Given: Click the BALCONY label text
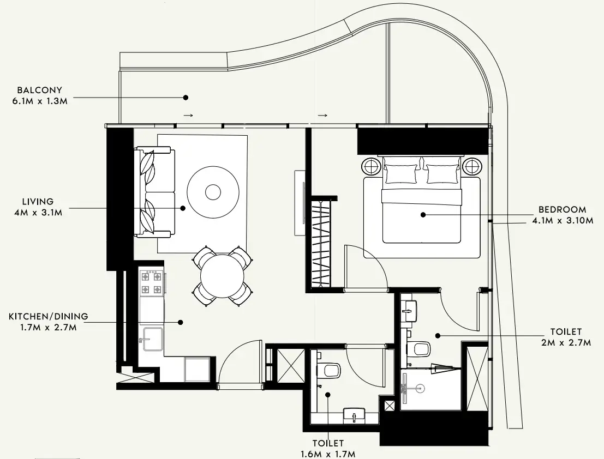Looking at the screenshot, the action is [x=40, y=90].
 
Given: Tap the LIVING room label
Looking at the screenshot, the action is [x=38, y=202].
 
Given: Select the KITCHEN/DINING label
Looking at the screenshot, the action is [x=49, y=316].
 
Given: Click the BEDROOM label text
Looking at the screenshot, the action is [x=562, y=210].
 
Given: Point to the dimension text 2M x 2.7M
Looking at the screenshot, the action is [x=566, y=342].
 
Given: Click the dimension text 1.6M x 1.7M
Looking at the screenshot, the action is [x=328, y=455].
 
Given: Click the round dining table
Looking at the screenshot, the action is [x=222, y=275].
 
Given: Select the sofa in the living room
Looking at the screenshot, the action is [x=154, y=191].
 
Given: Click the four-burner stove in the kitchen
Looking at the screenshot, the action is [x=151, y=283].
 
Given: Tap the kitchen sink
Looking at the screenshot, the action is [x=153, y=340].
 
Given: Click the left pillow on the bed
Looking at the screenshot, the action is [x=401, y=174].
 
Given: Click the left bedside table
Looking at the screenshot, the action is [x=371, y=167].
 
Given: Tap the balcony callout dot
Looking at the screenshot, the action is [x=186, y=98].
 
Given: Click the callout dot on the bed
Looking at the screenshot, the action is [x=423, y=215].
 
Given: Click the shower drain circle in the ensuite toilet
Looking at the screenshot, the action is [x=420, y=389].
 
